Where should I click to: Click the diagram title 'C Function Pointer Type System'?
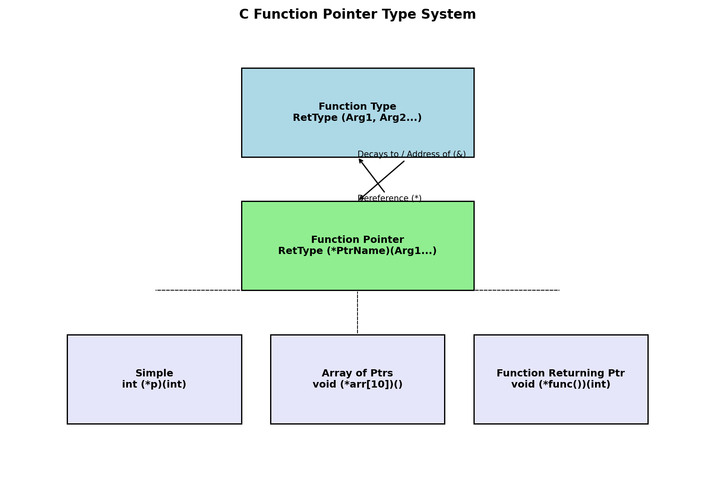357,15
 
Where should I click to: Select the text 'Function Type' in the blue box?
357,107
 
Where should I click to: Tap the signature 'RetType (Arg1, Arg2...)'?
357,118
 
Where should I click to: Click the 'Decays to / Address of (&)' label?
412,154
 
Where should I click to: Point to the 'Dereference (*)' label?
390,198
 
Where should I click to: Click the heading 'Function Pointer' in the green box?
357,240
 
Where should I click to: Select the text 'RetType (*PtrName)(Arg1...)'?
357,251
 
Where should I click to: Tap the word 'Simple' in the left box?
154,373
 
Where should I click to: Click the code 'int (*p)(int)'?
154,385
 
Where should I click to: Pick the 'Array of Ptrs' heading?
357,373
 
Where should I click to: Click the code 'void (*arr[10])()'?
357,385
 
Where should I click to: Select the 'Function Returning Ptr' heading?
560,373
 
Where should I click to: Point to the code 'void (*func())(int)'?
560,385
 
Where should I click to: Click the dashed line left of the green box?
199,290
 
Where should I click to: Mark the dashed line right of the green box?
516,290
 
